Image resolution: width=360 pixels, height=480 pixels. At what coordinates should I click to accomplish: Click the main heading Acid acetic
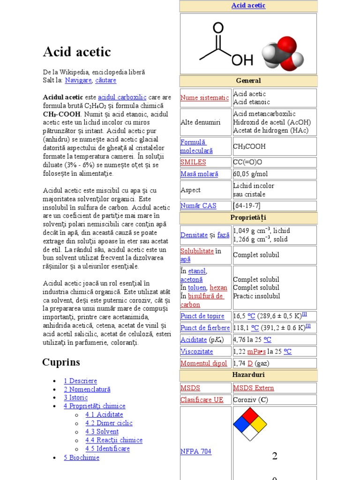click(x=77, y=52)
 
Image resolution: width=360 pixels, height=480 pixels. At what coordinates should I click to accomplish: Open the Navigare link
click(x=78, y=80)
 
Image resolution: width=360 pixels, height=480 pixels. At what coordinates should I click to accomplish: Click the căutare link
click(x=105, y=80)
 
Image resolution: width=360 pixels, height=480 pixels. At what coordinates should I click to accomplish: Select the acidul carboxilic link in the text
click(x=122, y=97)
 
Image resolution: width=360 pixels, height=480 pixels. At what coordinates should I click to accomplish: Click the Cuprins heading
click(x=61, y=362)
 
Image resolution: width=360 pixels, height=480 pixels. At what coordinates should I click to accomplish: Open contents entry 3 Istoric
click(x=75, y=397)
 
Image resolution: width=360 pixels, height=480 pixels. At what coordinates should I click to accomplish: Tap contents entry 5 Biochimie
click(x=82, y=457)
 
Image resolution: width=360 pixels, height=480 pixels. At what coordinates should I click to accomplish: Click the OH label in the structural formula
click(x=241, y=60)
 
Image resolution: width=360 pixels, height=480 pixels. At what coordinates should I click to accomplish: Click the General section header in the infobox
click(x=248, y=81)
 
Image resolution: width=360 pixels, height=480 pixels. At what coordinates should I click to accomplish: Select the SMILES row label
click(x=193, y=162)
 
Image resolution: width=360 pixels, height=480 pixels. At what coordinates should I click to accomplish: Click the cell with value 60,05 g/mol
click(x=251, y=174)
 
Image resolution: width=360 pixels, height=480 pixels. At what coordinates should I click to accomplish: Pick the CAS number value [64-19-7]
click(x=247, y=206)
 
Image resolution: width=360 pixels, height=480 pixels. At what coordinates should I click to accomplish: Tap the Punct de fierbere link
click(x=205, y=328)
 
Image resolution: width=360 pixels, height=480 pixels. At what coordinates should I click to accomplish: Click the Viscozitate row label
click(x=196, y=351)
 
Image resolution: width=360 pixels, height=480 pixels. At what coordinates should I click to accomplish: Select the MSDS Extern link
click(x=253, y=388)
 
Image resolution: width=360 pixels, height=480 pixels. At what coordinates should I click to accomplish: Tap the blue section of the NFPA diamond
click(x=241, y=424)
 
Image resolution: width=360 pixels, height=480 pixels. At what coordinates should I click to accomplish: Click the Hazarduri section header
click(x=248, y=375)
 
